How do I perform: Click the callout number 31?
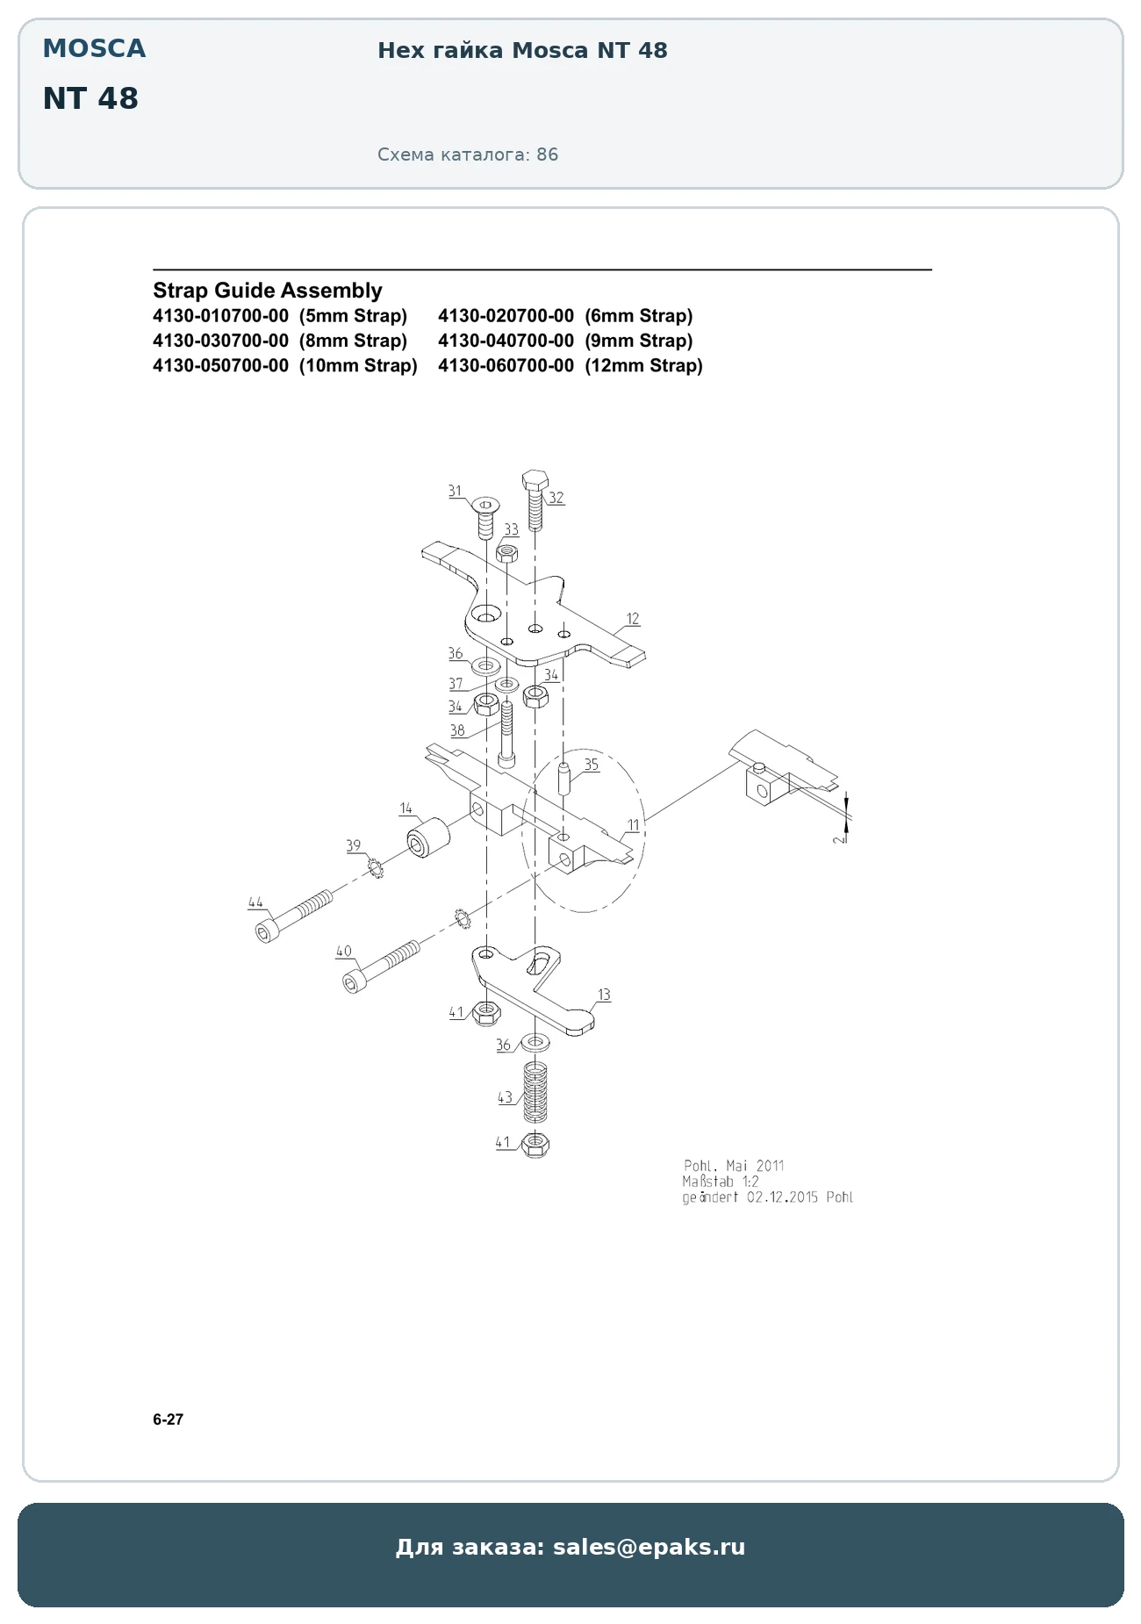point(455,491)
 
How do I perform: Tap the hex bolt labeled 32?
point(535,499)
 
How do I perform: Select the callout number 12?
point(633,619)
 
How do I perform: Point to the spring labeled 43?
point(535,1092)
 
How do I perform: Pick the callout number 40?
point(344,951)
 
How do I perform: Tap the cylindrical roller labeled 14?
point(427,838)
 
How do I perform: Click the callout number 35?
point(592,765)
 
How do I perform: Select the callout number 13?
point(604,995)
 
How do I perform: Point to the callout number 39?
point(353,845)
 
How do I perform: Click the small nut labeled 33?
point(507,553)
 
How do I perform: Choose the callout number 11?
point(633,825)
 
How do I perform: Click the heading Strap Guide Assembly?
point(268,291)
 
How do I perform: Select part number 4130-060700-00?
point(506,365)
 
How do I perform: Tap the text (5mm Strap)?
point(353,316)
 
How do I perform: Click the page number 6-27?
point(169,1419)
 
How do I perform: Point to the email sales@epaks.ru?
point(649,1547)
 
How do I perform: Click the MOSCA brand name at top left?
point(95,48)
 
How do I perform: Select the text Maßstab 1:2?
point(721,1182)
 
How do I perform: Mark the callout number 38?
point(457,730)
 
